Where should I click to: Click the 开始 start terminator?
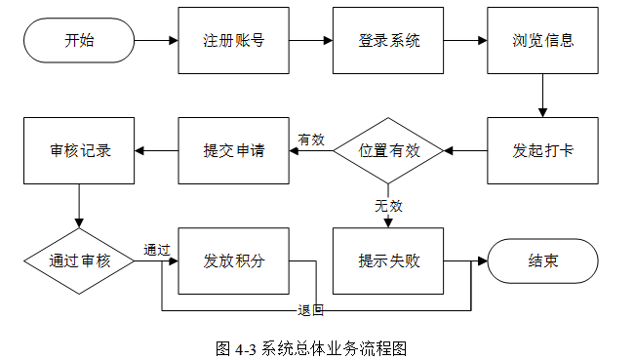[x=79, y=41]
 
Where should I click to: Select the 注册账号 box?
[x=234, y=41]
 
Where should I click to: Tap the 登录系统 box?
[x=388, y=41]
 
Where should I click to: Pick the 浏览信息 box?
[x=542, y=41]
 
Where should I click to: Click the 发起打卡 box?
[x=542, y=150]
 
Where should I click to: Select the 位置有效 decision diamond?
[x=388, y=150]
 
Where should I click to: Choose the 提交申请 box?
[x=234, y=150]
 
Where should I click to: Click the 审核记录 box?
[x=79, y=150]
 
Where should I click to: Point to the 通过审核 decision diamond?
[x=79, y=260]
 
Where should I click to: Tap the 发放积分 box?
[x=234, y=260]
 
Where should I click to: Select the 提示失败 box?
[x=388, y=260]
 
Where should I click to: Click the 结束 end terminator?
[x=542, y=260]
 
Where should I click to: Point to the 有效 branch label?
[x=311, y=140]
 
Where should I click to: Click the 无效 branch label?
[x=388, y=206]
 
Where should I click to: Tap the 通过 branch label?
[x=157, y=250]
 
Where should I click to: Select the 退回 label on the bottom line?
[x=310, y=310]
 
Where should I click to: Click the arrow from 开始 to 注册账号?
[x=156, y=41]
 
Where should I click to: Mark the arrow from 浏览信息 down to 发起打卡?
[x=542, y=96]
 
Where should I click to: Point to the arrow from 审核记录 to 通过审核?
[x=79, y=206]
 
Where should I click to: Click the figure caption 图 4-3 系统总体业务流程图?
[x=311, y=348]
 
